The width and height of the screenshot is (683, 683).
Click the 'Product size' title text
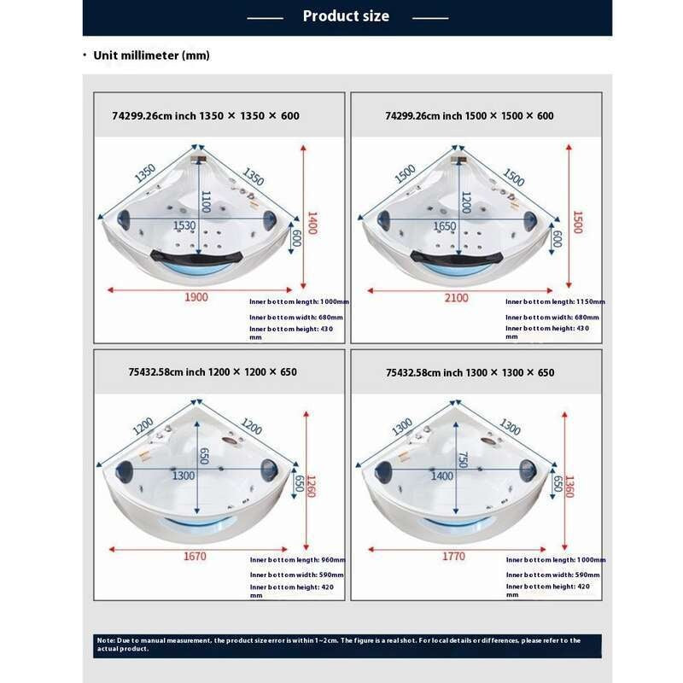[x=346, y=16]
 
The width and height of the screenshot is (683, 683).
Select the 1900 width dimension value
[x=196, y=297]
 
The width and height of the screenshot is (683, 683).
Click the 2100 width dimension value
[x=457, y=297]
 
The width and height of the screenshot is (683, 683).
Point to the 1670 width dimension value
[x=196, y=557]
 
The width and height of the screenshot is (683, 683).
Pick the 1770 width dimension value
[x=453, y=557]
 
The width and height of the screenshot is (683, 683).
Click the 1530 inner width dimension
[x=184, y=226]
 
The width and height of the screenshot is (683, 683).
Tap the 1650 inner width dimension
[x=445, y=226]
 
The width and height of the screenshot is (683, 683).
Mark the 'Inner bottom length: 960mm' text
[x=297, y=560]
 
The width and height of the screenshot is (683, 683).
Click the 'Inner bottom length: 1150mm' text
[x=555, y=301]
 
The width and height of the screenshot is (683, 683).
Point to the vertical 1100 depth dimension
[x=206, y=201]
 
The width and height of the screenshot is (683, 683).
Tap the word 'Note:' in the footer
[x=106, y=640]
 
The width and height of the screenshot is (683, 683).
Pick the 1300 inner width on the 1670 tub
[x=184, y=476]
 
